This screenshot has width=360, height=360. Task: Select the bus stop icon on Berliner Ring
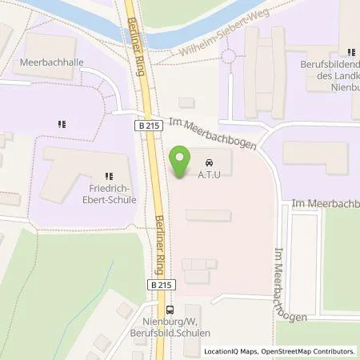click(x=169, y=311)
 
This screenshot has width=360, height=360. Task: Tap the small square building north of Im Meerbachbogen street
click(x=186, y=102)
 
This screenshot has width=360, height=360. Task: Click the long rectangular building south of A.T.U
click(x=208, y=215)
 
